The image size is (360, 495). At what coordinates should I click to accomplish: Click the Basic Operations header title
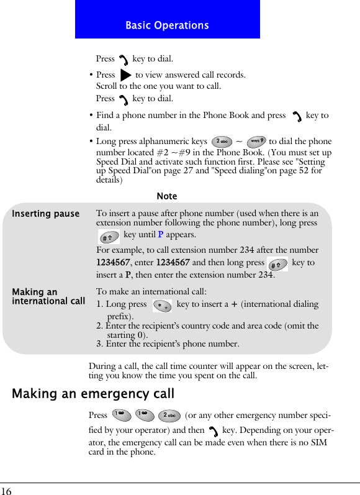coord(167,25)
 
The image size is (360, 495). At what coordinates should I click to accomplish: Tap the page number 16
coord(6,491)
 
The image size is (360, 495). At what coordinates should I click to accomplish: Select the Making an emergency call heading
coord(93,394)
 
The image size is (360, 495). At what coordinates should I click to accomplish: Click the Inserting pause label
coord(46,214)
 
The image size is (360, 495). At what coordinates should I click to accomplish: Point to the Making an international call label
coord(48,296)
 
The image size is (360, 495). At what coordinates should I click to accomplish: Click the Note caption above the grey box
coord(167,196)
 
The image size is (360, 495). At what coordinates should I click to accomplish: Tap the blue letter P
coord(161,235)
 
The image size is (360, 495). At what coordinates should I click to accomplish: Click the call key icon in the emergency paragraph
coord(214,430)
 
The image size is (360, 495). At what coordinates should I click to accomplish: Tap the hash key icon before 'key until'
coord(109,235)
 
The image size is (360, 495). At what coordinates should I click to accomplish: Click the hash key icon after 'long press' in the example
coord(277,263)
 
